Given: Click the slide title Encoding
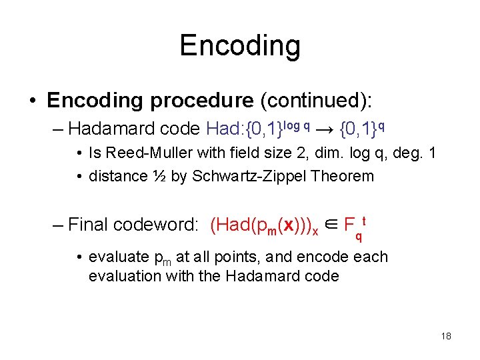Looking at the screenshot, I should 240,45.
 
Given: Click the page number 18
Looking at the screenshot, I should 446,336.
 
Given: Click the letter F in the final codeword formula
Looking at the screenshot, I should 349,225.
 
